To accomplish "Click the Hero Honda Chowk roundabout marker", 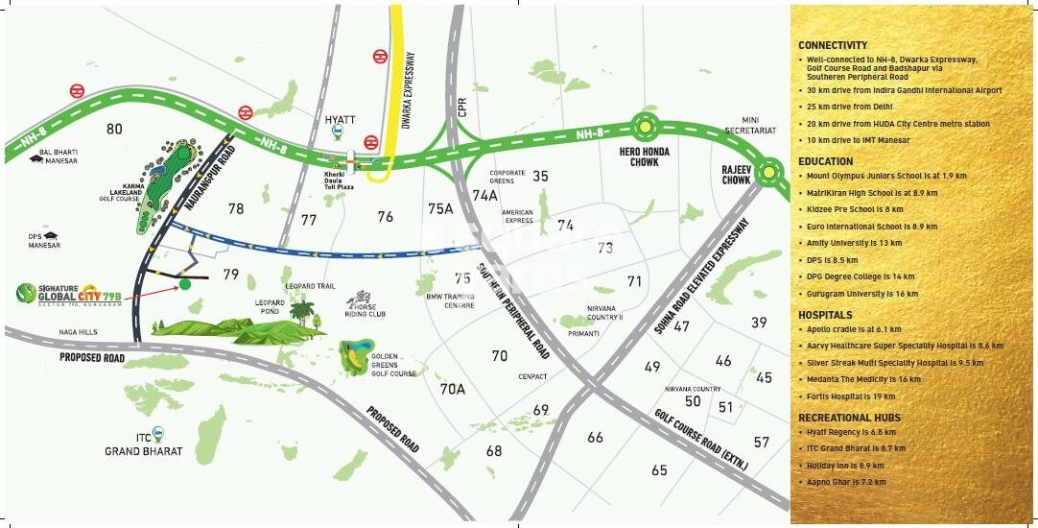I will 646,125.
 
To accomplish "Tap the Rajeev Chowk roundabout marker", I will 769,173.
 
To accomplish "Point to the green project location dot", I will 185,284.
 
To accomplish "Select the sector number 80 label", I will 115,129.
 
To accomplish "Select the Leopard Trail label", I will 310,286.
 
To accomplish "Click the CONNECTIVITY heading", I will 832,45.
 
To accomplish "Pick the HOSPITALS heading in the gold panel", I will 825,315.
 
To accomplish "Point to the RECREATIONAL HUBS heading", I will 849,418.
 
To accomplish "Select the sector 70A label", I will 452,389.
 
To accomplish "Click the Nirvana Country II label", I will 605,312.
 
